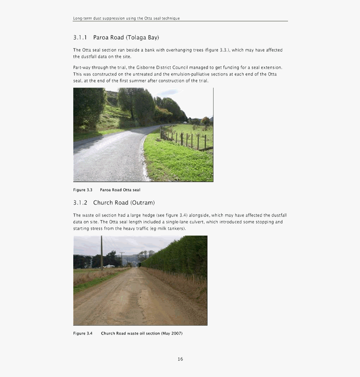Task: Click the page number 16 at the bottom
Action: pos(180,359)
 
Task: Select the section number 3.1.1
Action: pos(80,38)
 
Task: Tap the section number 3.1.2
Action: pos(80,203)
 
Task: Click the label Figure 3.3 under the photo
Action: pos(83,190)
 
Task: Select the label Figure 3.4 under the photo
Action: pos(83,333)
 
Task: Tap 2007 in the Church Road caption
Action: pos(176,333)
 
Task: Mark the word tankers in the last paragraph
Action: pos(176,229)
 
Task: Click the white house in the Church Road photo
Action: pos(108,266)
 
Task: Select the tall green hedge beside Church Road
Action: pos(180,256)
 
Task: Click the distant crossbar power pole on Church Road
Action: pos(122,258)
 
